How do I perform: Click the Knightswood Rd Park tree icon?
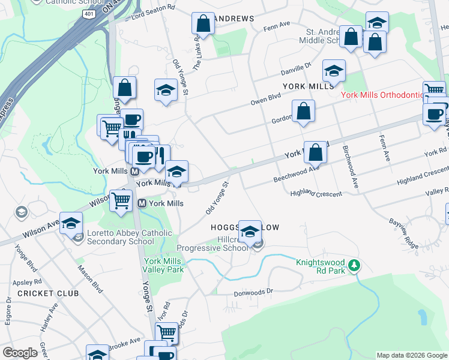pos(355,265)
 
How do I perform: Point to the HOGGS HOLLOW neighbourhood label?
pos(244,228)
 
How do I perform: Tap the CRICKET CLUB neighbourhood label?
pos(48,293)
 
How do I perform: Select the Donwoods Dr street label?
pos(253,291)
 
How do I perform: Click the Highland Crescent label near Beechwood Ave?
pos(316,193)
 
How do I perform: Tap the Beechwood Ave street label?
pos(297,170)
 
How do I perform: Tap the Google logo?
pos(20,352)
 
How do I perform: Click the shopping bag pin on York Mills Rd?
pos(315,153)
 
